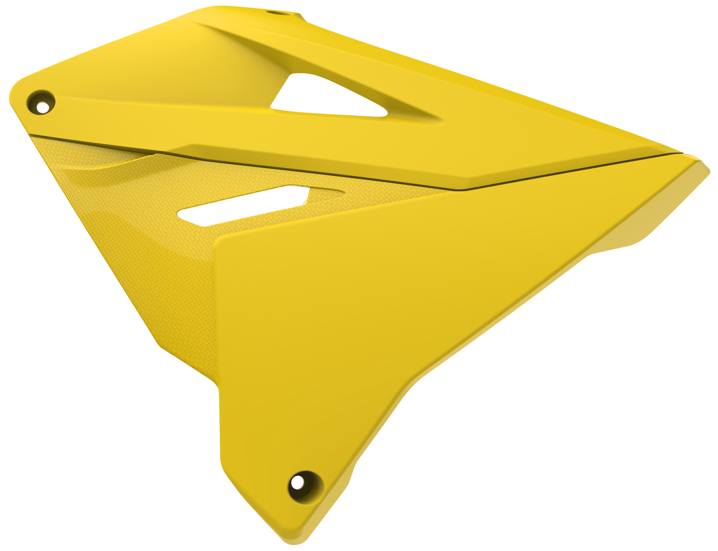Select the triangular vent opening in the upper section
[318, 97]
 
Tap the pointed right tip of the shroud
[710, 166]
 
